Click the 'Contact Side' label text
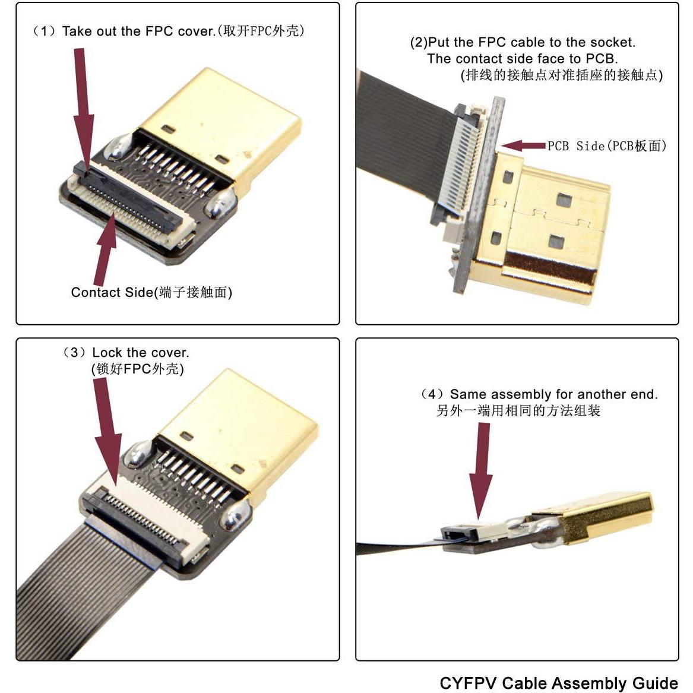[x=151, y=292]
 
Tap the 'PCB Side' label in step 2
[x=606, y=146]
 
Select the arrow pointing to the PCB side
[x=523, y=145]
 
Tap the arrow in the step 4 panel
[x=480, y=469]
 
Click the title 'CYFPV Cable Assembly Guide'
[x=558, y=682]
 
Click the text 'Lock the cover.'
[x=140, y=353]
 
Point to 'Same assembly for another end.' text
[x=553, y=394]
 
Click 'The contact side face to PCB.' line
[x=522, y=59]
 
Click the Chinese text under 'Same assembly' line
[x=518, y=411]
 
